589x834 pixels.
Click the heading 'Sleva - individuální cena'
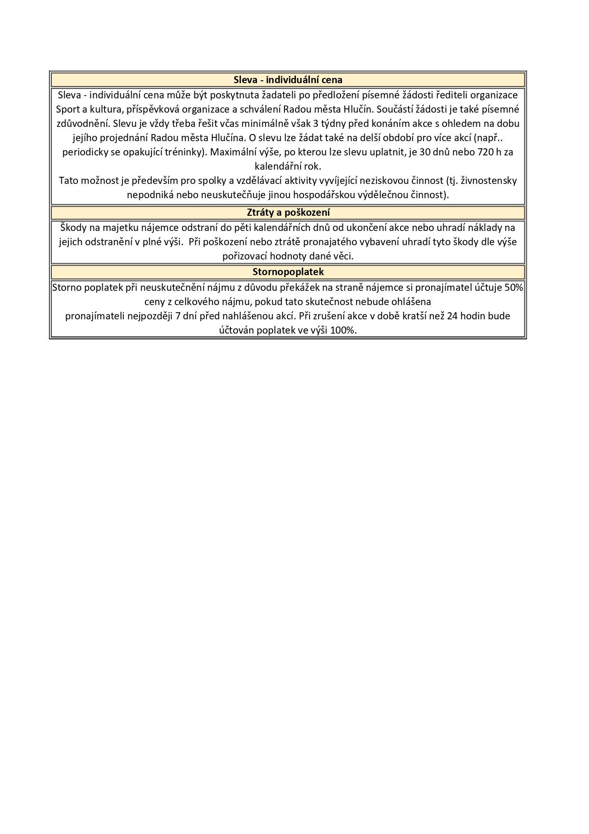click(288, 80)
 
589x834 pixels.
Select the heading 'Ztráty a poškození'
click(288, 212)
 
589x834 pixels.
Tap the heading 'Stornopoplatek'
click(288, 272)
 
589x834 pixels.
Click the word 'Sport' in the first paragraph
click(68, 109)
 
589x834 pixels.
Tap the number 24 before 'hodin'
click(452, 316)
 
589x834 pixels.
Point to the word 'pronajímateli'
click(93, 316)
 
